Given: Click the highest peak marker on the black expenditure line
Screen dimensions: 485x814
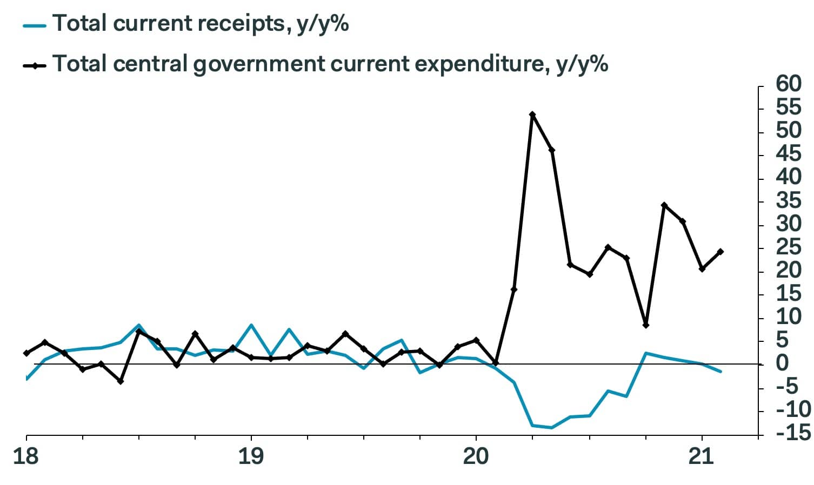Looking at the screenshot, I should tap(532, 114).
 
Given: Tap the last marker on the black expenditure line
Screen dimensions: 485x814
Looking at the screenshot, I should tap(720, 252).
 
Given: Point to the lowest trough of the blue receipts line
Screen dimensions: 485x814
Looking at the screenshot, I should tap(551, 428).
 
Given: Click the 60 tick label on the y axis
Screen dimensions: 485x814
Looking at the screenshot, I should tap(788, 84).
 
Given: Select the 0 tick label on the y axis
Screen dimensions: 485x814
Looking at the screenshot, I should tap(782, 363).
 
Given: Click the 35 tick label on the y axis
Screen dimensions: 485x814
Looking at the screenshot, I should tap(788, 201).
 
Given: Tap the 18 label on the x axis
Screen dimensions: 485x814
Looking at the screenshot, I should tap(25, 456).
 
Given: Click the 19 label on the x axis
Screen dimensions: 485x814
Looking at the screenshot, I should tap(251, 456).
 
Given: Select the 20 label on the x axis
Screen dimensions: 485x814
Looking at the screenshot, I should tap(476, 456).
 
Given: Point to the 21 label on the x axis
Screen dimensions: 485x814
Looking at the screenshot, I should tap(701, 456).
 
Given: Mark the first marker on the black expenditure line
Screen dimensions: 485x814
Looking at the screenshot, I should tap(26, 353).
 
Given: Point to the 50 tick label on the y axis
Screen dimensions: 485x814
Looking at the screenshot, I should tap(788, 131).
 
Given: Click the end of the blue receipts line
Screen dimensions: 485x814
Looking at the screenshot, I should tap(720, 372).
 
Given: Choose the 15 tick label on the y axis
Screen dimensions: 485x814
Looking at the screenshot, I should tap(788, 294).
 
